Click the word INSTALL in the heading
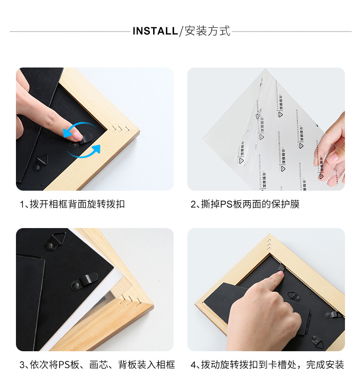(155, 31)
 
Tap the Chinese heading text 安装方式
(207, 31)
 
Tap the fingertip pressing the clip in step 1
(78, 136)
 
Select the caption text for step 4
(267, 364)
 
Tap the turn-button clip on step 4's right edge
(335, 315)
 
